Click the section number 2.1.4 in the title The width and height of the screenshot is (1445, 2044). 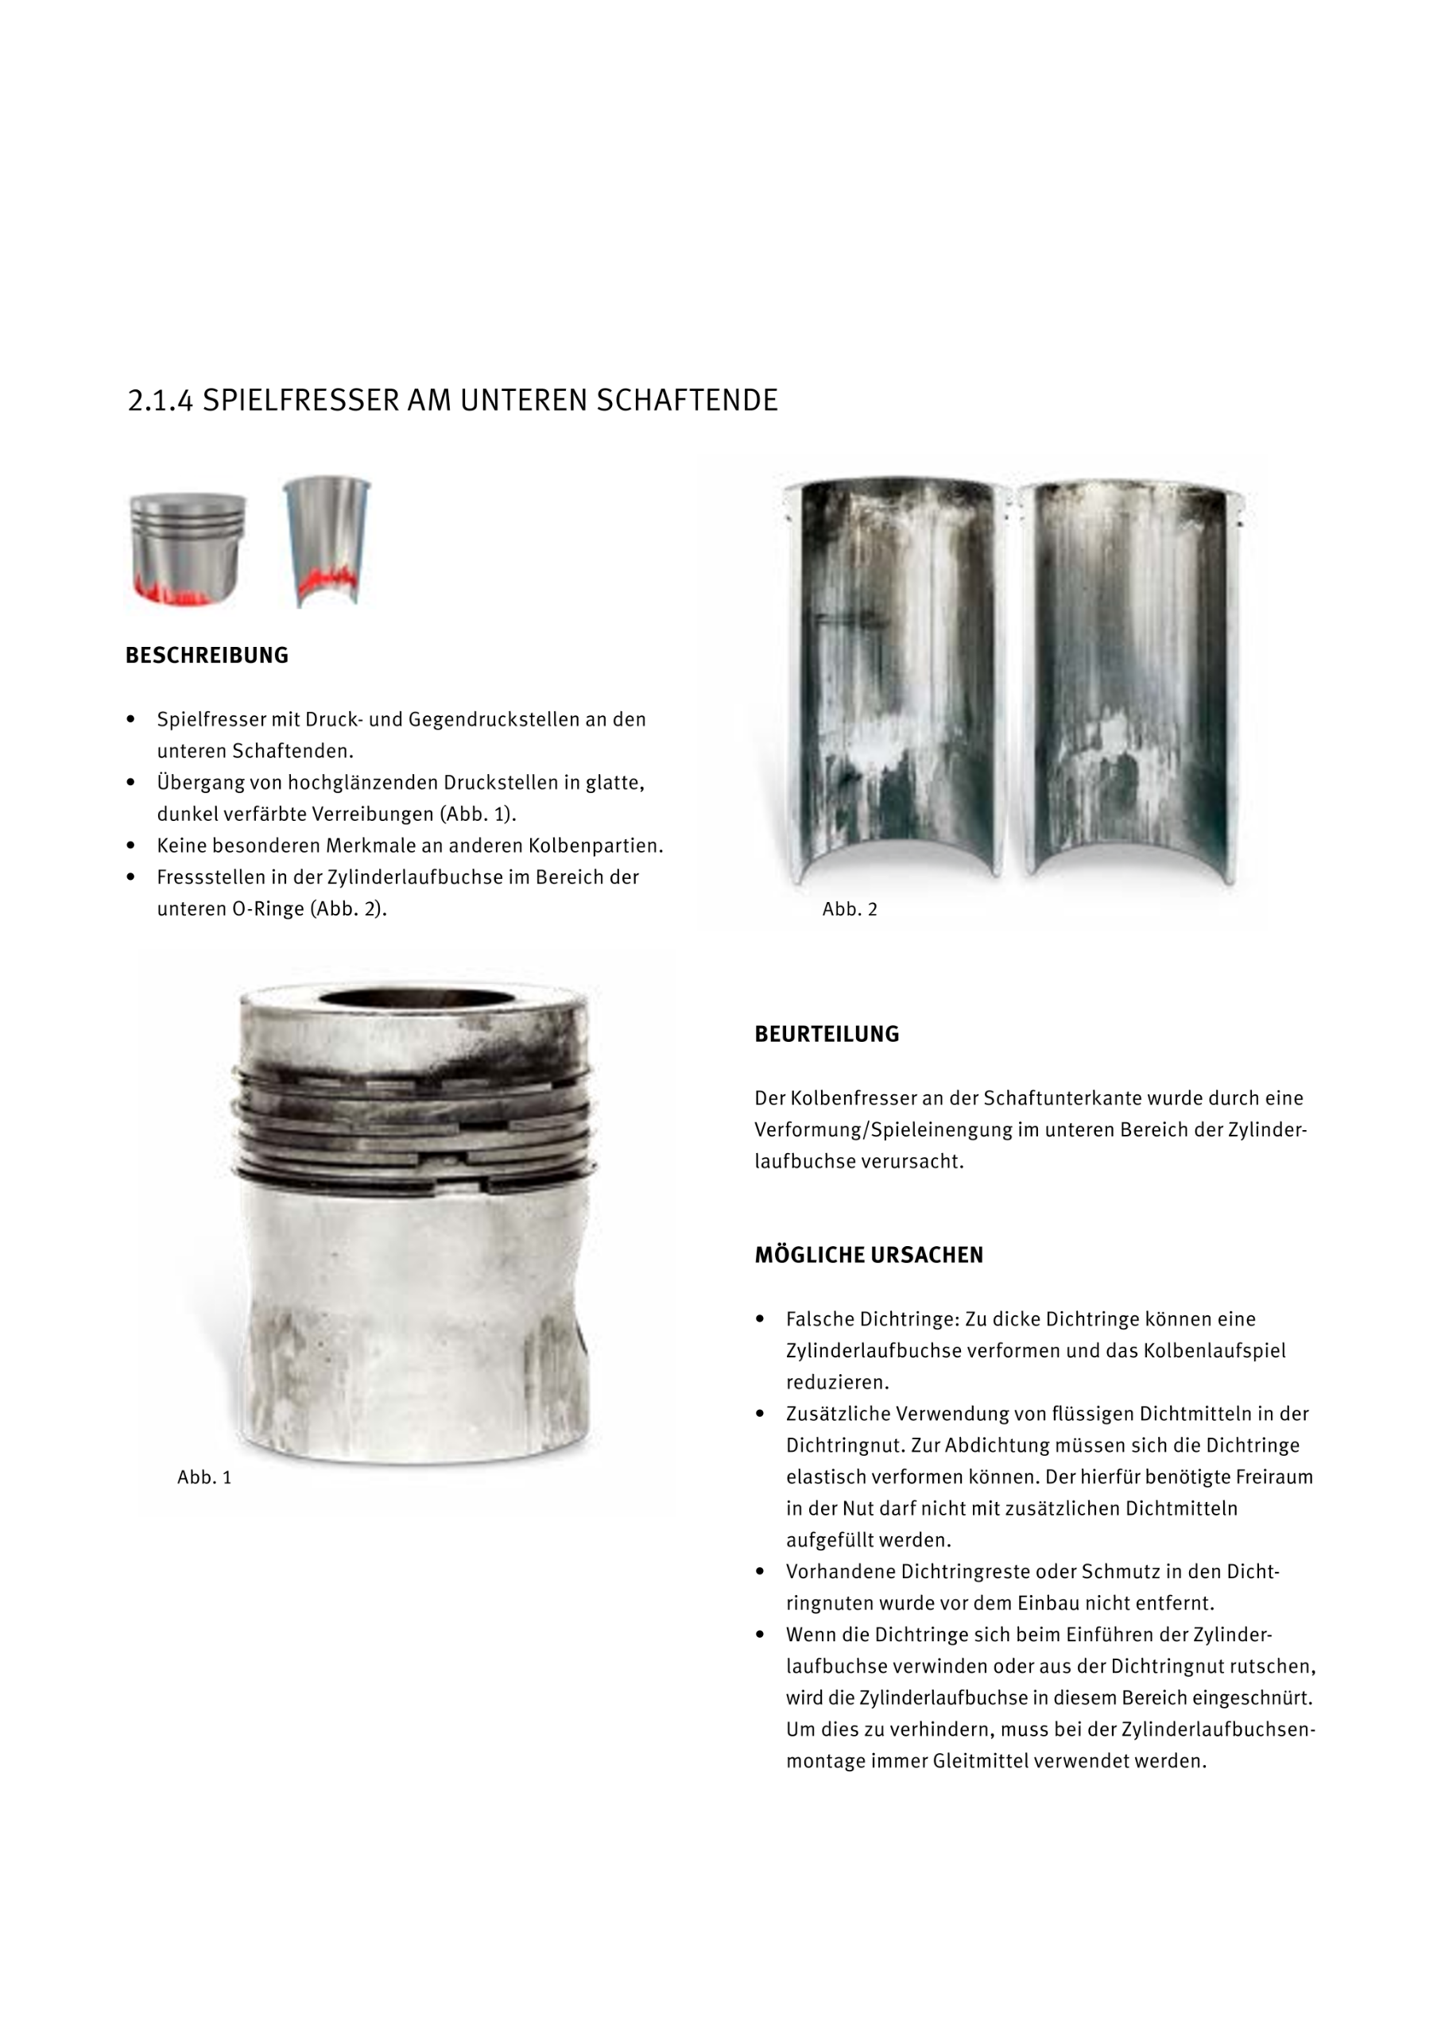[x=161, y=401]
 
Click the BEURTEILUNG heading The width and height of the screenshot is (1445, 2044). [x=826, y=1034]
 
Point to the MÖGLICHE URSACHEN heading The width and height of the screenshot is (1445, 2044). [x=868, y=1254]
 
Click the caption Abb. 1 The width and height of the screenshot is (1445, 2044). [x=204, y=1477]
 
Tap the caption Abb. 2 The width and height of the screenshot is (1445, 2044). [x=850, y=909]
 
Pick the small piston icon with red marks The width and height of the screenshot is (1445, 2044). [x=187, y=548]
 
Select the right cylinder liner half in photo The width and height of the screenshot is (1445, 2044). [x=1131, y=676]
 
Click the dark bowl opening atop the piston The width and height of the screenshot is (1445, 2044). [x=416, y=998]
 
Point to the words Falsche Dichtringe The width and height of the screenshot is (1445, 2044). [x=872, y=1318]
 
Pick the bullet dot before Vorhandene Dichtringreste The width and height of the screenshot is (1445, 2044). [x=759, y=1571]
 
